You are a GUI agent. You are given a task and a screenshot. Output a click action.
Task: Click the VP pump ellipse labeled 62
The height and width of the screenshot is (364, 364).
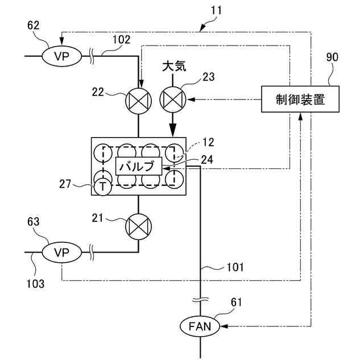click(x=62, y=56)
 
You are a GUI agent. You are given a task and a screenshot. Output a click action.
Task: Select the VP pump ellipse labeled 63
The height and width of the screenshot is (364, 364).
click(x=62, y=253)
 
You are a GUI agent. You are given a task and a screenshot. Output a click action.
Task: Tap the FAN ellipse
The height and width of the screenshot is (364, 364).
click(x=200, y=326)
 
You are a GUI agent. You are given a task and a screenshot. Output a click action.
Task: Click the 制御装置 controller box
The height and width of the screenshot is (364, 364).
click(x=300, y=99)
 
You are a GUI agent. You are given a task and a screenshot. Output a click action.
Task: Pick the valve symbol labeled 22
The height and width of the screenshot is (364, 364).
click(x=138, y=101)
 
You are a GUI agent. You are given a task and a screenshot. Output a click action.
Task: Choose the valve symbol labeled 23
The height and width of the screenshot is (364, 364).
click(x=173, y=99)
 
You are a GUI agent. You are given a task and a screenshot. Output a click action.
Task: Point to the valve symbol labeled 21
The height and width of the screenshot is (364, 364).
click(x=138, y=226)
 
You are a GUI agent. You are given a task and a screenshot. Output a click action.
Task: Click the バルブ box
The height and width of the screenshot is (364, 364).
click(x=139, y=166)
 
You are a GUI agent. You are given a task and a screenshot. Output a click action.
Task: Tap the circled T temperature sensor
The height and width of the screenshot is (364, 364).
click(x=102, y=187)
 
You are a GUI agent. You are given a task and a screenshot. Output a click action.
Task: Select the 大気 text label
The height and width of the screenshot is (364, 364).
click(x=174, y=67)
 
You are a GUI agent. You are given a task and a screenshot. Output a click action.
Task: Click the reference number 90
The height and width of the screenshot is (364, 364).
click(x=332, y=57)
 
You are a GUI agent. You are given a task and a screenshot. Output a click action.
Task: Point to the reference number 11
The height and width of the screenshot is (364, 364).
click(x=216, y=10)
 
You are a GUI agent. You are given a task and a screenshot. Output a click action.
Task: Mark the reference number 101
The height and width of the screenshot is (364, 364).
click(x=235, y=267)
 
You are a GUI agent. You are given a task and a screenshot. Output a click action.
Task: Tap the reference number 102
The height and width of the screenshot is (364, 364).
click(x=122, y=40)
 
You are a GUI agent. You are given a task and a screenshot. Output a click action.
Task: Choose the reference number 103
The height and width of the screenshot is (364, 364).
click(x=35, y=284)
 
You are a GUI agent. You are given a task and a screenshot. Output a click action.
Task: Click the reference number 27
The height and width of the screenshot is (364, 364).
click(x=65, y=184)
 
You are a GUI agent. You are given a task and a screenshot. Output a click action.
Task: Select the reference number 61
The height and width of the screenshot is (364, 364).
click(x=237, y=302)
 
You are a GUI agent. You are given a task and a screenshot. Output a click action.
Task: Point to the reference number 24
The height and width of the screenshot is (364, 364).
click(x=207, y=160)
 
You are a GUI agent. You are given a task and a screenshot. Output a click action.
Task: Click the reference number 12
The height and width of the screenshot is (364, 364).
click(x=208, y=142)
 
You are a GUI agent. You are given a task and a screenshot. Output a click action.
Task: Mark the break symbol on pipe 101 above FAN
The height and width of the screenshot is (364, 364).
click(x=200, y=300)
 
